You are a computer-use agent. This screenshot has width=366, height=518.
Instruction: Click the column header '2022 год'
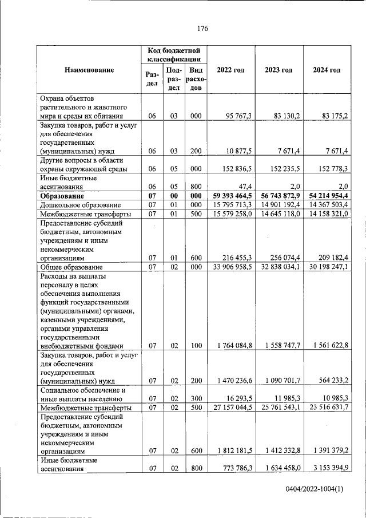[230, 70]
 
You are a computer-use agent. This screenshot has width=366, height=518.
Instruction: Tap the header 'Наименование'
[89, 70]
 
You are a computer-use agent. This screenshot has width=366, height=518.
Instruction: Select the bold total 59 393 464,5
[231, 196]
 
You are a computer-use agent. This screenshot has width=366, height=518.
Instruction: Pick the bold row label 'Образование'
[62, 196]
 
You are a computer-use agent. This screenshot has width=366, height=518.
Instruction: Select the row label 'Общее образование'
[71, 267]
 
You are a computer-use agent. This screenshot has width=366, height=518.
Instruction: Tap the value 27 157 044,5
[231, 407]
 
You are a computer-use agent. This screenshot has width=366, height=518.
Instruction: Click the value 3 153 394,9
[327, 468]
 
